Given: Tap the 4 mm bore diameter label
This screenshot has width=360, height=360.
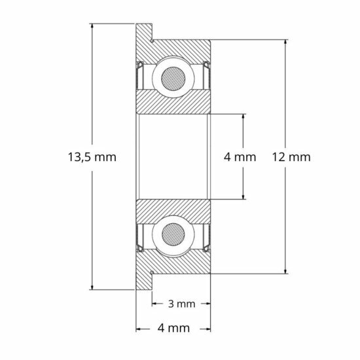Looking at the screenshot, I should (x=240, y=157).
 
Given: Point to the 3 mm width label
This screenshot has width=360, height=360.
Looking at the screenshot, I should (x=181, y=304).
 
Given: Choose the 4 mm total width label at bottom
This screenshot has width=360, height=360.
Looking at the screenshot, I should (x=173, y=327).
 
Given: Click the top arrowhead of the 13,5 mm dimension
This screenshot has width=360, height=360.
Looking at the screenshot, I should (x=92, y=27).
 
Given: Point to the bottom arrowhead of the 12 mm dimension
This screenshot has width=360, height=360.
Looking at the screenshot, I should (x=286, y=270).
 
